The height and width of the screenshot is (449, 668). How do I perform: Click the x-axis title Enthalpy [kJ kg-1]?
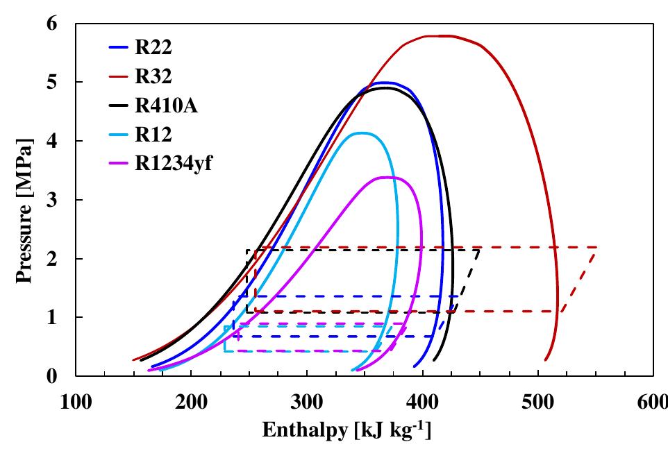pos(346,430)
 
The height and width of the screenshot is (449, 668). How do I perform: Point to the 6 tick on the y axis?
pos(52,24)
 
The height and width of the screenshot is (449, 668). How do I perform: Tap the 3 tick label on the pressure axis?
pos(52,200)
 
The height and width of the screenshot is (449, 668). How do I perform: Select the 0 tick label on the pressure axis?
pos(52,376)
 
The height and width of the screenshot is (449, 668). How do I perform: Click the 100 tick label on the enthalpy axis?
pos(75,402)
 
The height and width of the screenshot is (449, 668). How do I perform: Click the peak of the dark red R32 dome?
pos(439,35)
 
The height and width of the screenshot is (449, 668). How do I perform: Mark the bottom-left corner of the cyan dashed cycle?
pos(224,351)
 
